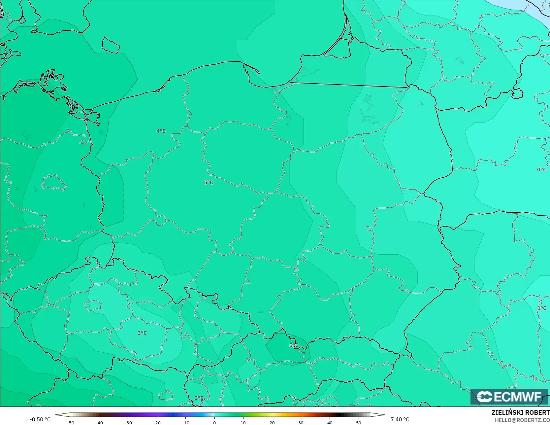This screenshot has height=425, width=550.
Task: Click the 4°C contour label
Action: click(161, 131)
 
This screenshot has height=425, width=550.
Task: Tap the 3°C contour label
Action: click(142, 333)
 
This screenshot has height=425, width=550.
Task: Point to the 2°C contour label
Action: click(199, 398)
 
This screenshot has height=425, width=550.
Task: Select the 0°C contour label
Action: click(542, 170)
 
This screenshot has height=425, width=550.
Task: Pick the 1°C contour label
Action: click(542, 308)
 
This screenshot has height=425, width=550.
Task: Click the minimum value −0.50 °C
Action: click(40, 419)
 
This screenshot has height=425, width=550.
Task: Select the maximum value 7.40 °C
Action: click(400, 419)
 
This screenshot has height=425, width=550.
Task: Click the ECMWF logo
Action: click(509, 397)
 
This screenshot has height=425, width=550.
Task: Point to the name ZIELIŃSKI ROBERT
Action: click(520, 412)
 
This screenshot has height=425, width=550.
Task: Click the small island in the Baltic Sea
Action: click(110, 45)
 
